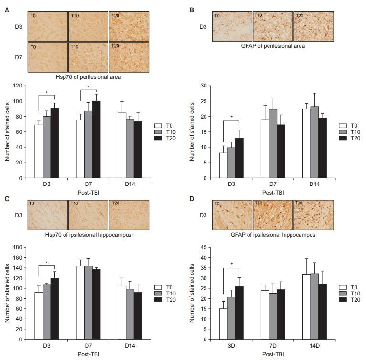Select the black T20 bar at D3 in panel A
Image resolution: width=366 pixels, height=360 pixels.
tap(54, 143)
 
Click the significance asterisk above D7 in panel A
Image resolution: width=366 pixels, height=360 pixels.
tap(88, 87)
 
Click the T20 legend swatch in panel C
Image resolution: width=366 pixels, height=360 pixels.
tap(159, 299)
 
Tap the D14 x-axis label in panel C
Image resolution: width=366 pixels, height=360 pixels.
tap(129, 346)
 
